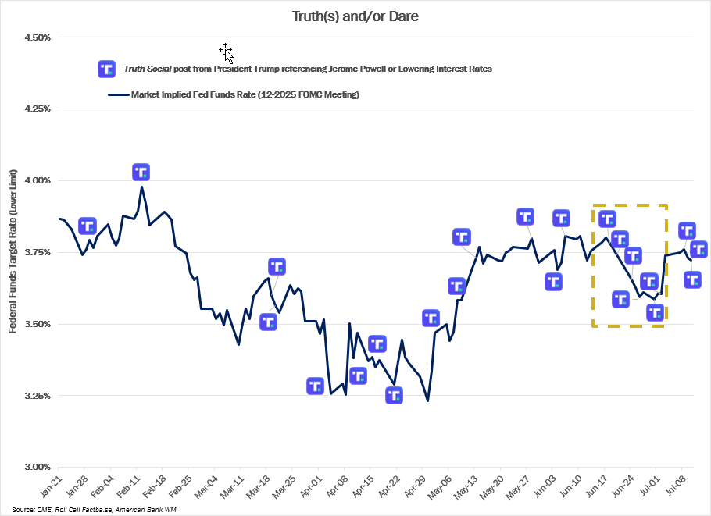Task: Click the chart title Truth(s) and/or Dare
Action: coord(355,16)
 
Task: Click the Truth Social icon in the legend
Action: coord(106,69)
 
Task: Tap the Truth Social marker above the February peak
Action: coord(141,173)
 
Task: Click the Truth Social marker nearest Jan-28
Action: coord(88,226)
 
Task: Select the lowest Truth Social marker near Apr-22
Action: coord(395,395)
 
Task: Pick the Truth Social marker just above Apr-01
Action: coord(315,386)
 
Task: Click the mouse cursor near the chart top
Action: coord(226,52)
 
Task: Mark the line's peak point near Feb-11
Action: coord(141,187)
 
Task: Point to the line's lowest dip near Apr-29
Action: coord(427,401)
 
